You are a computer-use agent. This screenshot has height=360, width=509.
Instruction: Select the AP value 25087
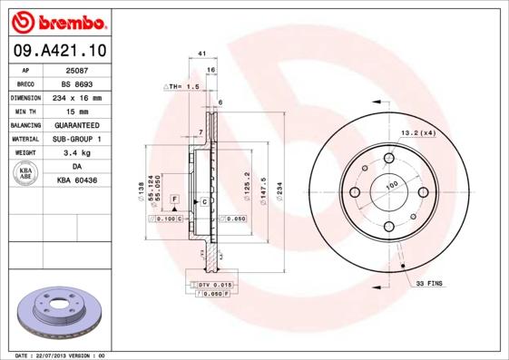point(77,70)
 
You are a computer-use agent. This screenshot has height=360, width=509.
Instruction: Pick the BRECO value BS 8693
point(77,83)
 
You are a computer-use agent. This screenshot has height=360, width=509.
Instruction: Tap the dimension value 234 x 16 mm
point(77,97)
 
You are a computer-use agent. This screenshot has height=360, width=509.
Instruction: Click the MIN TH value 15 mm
point(77,111)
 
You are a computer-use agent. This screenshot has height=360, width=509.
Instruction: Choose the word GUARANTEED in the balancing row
point(77,125)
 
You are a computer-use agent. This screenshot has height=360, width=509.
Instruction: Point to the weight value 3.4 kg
point(77,153)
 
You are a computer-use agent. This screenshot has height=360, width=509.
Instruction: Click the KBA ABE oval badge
point(26,174)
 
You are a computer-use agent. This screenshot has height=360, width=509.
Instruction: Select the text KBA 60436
point(77,181)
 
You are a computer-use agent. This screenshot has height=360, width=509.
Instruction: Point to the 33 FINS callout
point(428,285)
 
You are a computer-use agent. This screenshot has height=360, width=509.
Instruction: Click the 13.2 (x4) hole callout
point(418,133)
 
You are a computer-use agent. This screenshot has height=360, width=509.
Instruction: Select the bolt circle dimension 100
point(392,186)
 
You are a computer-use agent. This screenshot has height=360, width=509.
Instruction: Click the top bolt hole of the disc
point(388,160)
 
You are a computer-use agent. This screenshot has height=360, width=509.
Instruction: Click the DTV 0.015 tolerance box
point(210,286)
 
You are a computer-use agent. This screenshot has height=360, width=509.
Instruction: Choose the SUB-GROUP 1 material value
point(77,139)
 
